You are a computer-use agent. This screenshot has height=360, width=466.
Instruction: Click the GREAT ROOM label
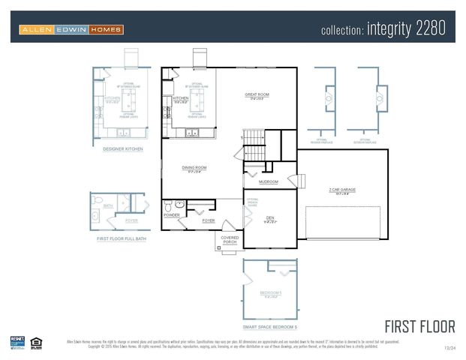257,94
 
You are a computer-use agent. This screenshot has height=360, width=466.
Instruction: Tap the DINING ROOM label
194,167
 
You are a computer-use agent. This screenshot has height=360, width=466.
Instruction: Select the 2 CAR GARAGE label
341,190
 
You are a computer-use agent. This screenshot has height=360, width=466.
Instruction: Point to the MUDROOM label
269,181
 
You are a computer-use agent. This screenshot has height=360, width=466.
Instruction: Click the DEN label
270,217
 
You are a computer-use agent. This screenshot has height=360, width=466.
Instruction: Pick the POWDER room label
171,214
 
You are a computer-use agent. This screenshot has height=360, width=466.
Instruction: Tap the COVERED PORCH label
230,239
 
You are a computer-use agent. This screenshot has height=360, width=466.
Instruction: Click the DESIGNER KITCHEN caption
123,149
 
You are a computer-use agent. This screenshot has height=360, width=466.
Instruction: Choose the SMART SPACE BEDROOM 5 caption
270,327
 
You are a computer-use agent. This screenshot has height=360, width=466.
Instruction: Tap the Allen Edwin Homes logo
71,30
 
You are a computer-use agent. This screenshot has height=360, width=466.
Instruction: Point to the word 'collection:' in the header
342,31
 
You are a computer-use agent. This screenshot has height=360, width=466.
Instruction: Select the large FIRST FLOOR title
419,326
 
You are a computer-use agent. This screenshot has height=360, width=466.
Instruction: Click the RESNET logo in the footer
17,343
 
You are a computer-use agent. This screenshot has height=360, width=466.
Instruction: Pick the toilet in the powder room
169,205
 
